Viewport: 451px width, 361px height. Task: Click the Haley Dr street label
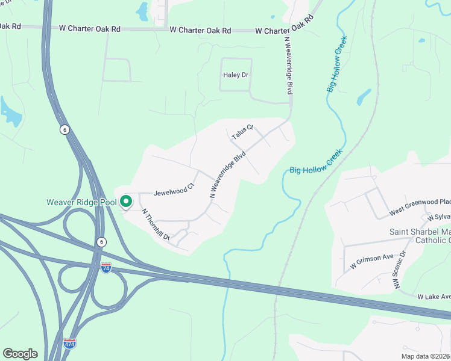click(236, 75)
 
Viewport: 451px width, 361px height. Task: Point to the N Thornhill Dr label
click(156, 225)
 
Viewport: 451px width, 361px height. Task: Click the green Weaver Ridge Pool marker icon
click(126, 202)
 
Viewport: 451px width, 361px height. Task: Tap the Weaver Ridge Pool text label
click(81, 202)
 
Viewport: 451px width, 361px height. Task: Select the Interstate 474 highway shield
click(70, 343)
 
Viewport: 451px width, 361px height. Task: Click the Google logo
click(20, 354)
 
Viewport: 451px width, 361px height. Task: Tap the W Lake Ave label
click(434, 297)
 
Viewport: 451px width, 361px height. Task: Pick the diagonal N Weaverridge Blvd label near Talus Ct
click(228, 174)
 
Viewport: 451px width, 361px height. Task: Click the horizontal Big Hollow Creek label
click(316, 167)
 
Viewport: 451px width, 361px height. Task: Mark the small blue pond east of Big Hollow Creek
click(364, 97)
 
